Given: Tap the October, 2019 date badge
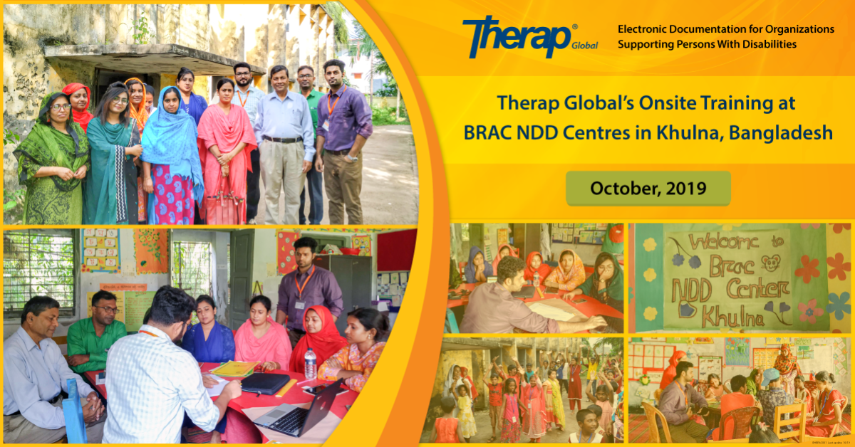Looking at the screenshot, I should (x=648, y=189).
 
